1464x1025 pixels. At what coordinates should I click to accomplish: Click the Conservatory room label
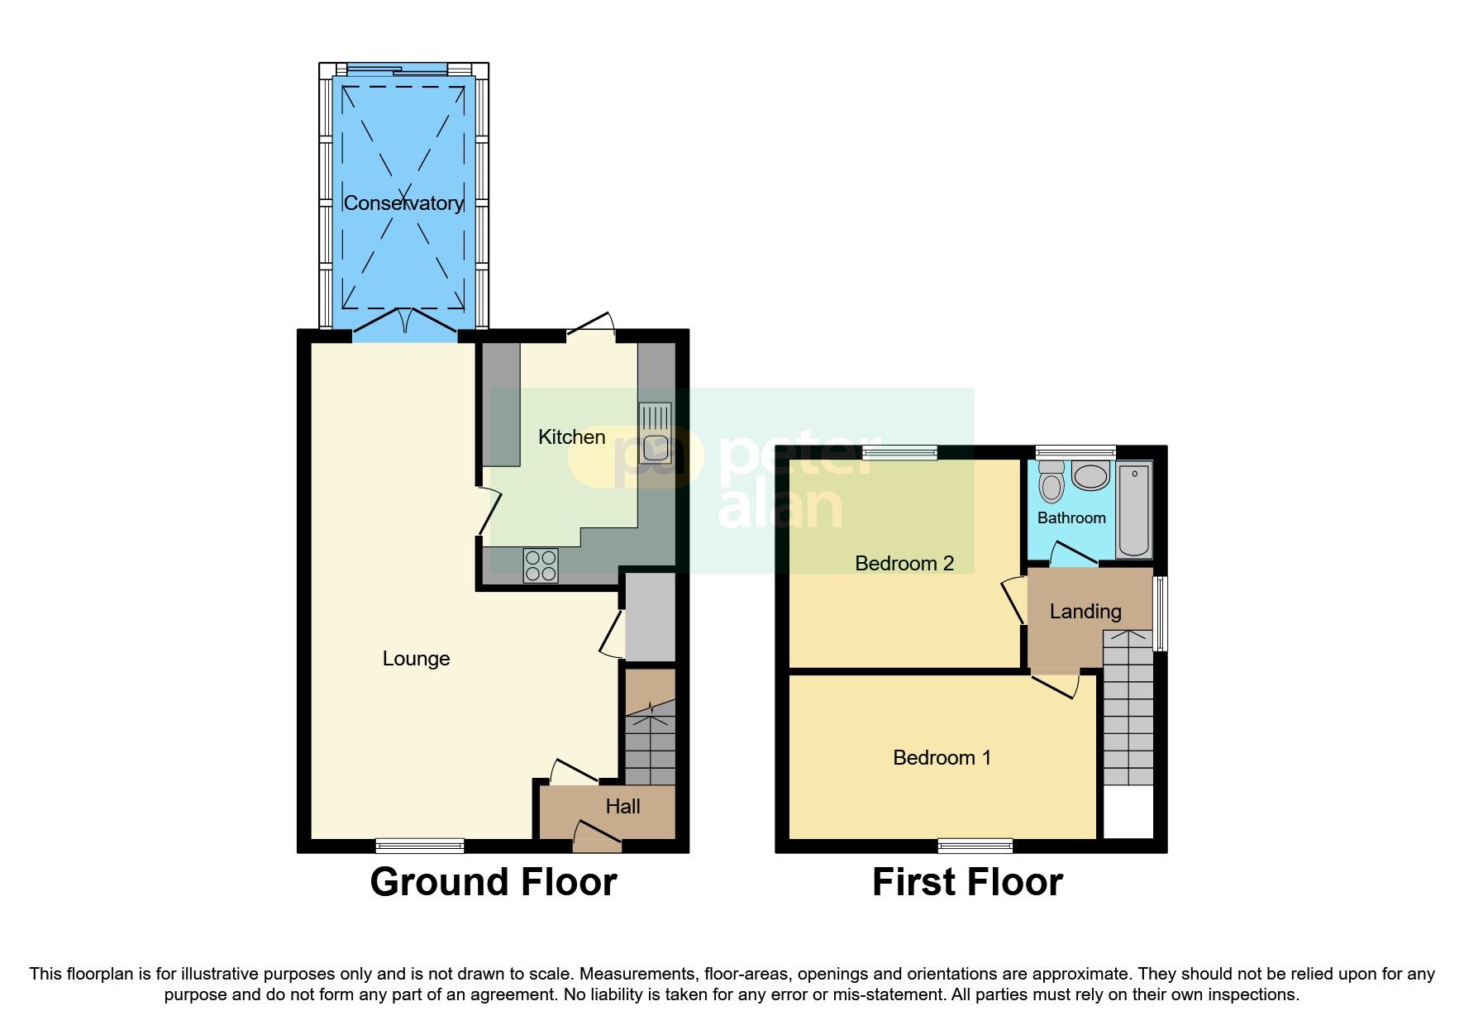click(403, 203)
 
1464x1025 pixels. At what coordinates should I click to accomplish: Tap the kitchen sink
click(655, 432)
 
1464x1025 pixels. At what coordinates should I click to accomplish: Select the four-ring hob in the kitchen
click(541, 566)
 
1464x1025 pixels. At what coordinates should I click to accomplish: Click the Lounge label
click(416, 659)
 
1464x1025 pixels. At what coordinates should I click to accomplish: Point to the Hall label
click(622, 807)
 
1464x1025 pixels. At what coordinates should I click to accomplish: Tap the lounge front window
click(420, 846)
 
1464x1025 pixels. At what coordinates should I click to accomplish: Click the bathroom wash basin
click(1090, 477)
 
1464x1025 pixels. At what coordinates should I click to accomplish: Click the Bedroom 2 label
click(904, 564)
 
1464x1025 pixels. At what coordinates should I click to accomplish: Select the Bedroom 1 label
click(942, 758)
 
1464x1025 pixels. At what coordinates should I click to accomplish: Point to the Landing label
click(1085, 612)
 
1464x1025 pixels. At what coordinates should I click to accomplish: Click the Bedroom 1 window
click(975, 846)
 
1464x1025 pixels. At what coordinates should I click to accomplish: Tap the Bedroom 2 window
click(899, 452)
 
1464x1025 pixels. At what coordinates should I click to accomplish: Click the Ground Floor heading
click(494, 883)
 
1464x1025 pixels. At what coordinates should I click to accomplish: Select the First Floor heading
click(967, 883)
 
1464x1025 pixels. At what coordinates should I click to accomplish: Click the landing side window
click(1160, 613)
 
